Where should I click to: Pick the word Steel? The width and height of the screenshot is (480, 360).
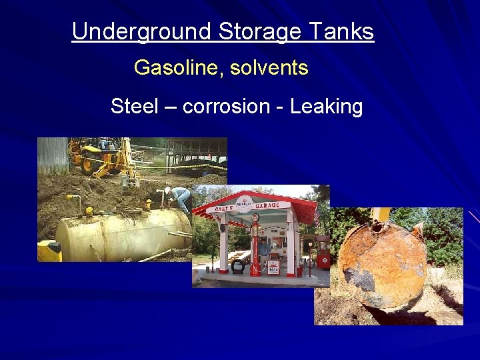[x=134, y=107]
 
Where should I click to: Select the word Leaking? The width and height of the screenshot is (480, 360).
[x=326, y=107]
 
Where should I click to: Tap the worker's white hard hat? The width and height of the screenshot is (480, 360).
[x=167, y=189]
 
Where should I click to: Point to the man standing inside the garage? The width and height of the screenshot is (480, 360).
[x=265, y=253]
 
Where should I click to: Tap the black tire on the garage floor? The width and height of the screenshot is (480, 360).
[x=238, y=266]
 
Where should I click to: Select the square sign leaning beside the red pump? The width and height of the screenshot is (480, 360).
[x=273, y=267]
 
